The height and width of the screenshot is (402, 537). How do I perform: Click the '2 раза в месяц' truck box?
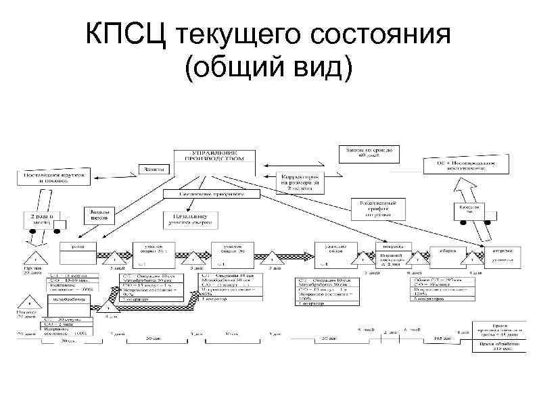[46, 218]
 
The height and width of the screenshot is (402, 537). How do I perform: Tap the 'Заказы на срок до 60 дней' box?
[369, 153]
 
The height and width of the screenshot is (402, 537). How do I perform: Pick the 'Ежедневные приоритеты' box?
[211, 193]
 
